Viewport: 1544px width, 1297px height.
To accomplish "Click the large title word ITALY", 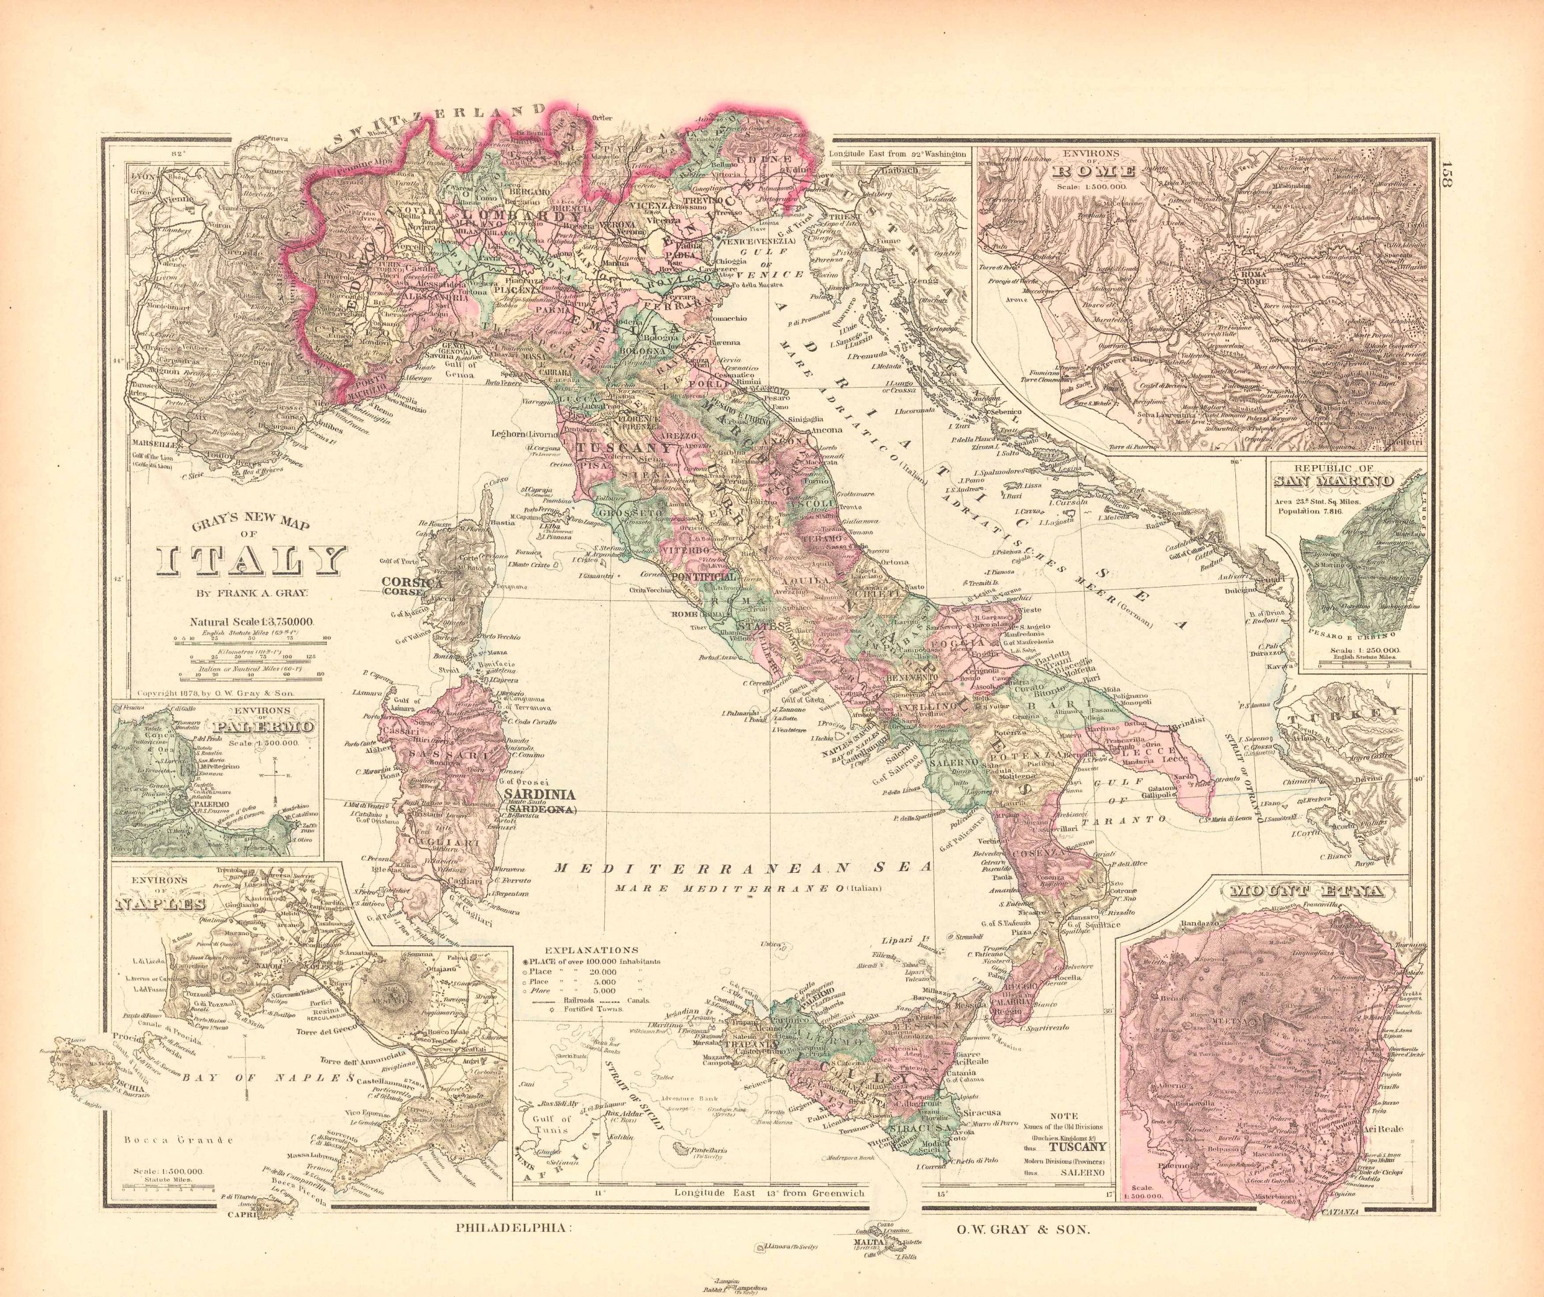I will click(251, 561).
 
